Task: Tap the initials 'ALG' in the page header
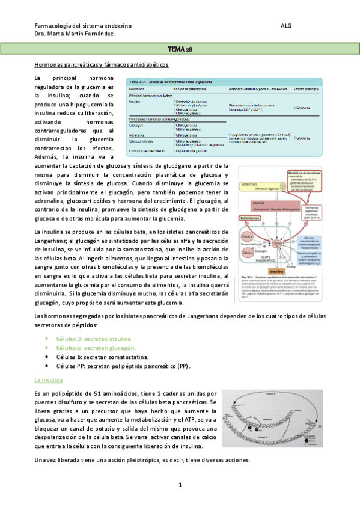pos(286,26)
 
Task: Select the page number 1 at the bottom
pos(180,485)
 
